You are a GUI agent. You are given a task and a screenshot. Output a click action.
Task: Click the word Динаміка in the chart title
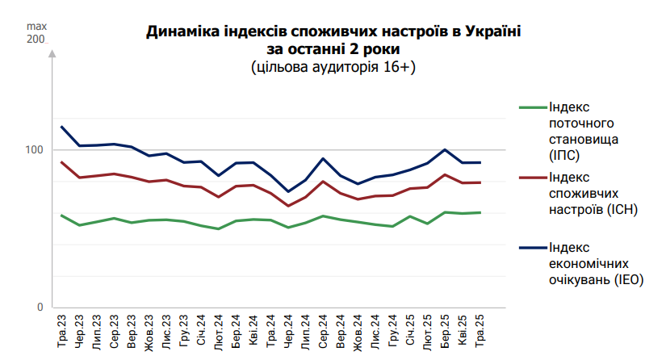tap(180, 32)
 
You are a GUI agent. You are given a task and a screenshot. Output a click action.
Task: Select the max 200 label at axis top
tap(36, 32)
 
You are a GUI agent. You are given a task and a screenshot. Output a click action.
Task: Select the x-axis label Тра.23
tap(62, 332)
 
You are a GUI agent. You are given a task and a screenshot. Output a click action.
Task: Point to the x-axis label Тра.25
tap(480, 332)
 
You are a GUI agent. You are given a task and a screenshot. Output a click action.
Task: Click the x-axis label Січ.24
tap(201, 332)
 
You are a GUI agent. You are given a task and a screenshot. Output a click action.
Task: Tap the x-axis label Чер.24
tap(288, 332)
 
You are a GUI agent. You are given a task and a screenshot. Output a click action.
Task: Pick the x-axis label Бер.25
tap(446, 332)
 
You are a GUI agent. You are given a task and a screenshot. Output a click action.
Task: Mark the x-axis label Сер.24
tap(323, 332)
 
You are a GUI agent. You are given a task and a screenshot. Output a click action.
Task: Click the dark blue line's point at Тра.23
tap(62, 127)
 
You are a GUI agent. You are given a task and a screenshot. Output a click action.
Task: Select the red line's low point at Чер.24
tap(288, 206)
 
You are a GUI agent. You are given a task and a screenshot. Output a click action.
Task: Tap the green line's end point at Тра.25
tap(480, 212)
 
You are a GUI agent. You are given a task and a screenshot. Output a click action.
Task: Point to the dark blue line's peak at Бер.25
tap(445, 149)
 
